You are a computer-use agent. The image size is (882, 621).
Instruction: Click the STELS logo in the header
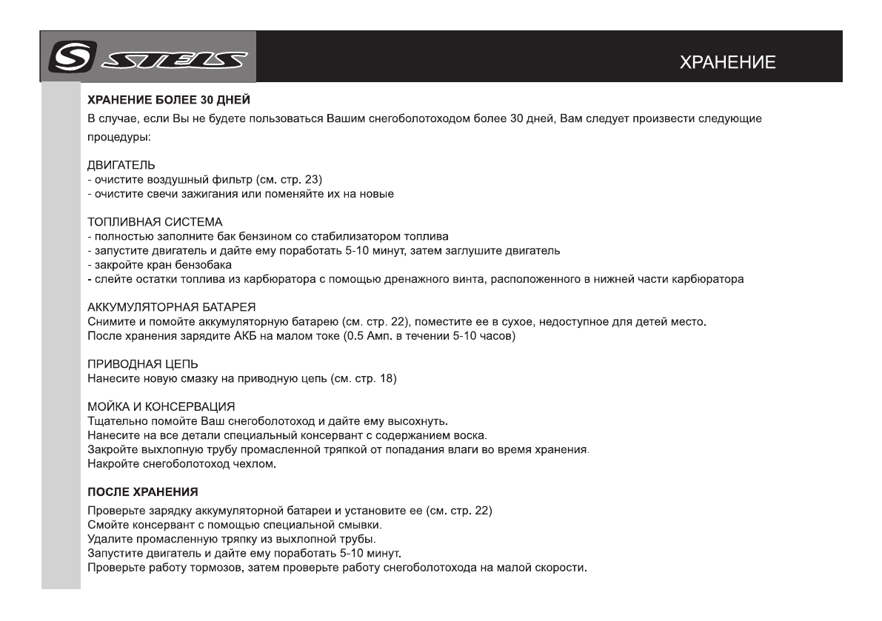[148, 56]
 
